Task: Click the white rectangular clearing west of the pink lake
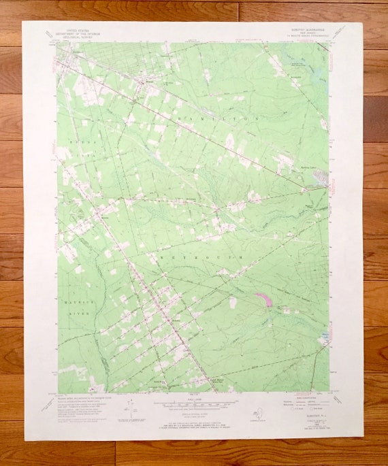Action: [233, 301]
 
